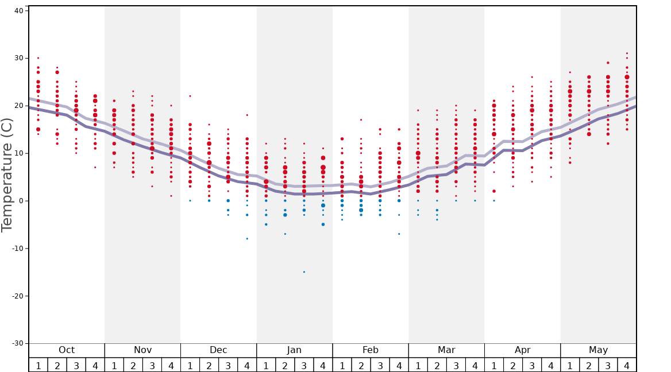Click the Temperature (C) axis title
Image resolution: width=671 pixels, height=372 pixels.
pyautogui.click(x=7, y=175)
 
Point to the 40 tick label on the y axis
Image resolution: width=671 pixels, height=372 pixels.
pyautogui.click(x=18, y=10)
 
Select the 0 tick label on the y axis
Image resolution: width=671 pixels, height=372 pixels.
pyautogui.click(x=21, y=201)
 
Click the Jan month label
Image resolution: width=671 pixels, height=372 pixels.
pyautogui.click(x=294, y=350)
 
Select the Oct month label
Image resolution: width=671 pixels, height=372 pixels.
pyautogui.click(x=67, y=350)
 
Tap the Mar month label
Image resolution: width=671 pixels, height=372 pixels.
pyautogui.click(x=446, y=350)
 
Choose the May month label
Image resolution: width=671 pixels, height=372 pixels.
pyautogui.click(x=598, y=350)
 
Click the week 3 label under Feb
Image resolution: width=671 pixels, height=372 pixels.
pyautogui.click(x=380, y=365)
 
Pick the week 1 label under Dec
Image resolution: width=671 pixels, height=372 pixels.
pyautogui.click(x=190, y=365)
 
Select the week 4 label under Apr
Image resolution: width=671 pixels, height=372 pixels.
pyautogui.click(x=551, y=365)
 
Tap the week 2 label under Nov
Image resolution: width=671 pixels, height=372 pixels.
pyautogui.click(x=133, y=365)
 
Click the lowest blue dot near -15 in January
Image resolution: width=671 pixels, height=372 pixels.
pyautogui.click(x=304, y=272)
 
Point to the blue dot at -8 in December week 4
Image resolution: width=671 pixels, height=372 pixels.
pyautogui.click(x=247, y=239)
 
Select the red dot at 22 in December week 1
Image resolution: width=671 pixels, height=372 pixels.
pyautogui.click(x=190, y=96)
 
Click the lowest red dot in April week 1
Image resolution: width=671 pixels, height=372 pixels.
pyautogui.click(x=494, y=191)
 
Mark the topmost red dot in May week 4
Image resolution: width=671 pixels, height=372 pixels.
pyautogui.click(x=627, y=53)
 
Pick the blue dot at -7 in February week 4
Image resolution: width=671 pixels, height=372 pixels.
pyautogui.click(x=399, y=234)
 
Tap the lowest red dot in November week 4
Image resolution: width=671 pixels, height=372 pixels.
pyautogui.click(x=171, y=196)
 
